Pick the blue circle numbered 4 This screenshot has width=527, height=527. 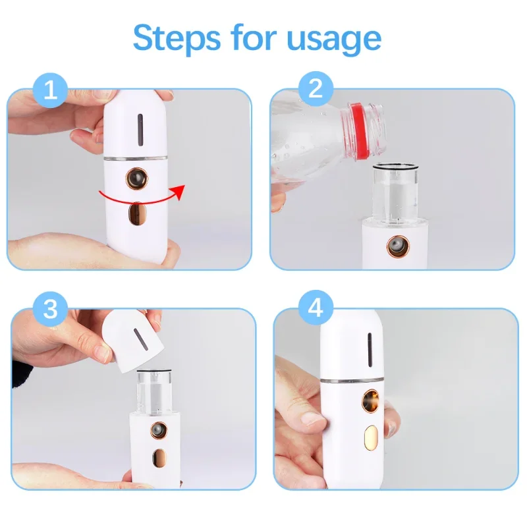click(316, 308)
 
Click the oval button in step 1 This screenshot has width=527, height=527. click(136, 214)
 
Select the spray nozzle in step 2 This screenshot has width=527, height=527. click(395, 244)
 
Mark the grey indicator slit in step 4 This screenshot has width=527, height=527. click(370, 348)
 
